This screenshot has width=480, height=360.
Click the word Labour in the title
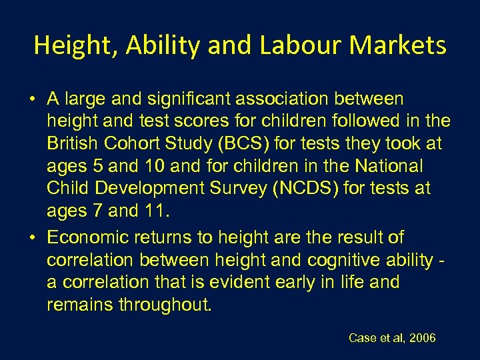coord(299,45)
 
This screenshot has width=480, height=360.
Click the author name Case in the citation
coord(363,338)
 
